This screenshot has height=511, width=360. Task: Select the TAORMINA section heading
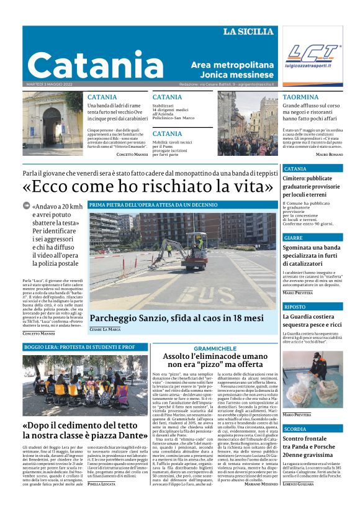click(300, 97)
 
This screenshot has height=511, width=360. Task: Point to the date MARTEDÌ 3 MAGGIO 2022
click(50, 84)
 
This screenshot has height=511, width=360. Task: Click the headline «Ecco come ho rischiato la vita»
click(148, 186)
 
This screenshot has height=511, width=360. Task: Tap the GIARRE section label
click(294, 238)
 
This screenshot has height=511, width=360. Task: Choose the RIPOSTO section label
click(295, 307)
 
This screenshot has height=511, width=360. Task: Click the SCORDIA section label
click(295, 429)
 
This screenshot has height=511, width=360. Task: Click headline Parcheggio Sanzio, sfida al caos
click(176, 318)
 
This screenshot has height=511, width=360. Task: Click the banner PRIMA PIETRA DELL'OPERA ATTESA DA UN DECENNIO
click(153, 204)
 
